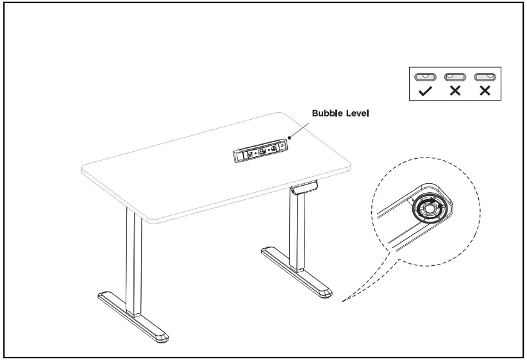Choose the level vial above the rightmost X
(484, 76)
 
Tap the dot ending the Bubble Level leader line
(290, 136)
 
